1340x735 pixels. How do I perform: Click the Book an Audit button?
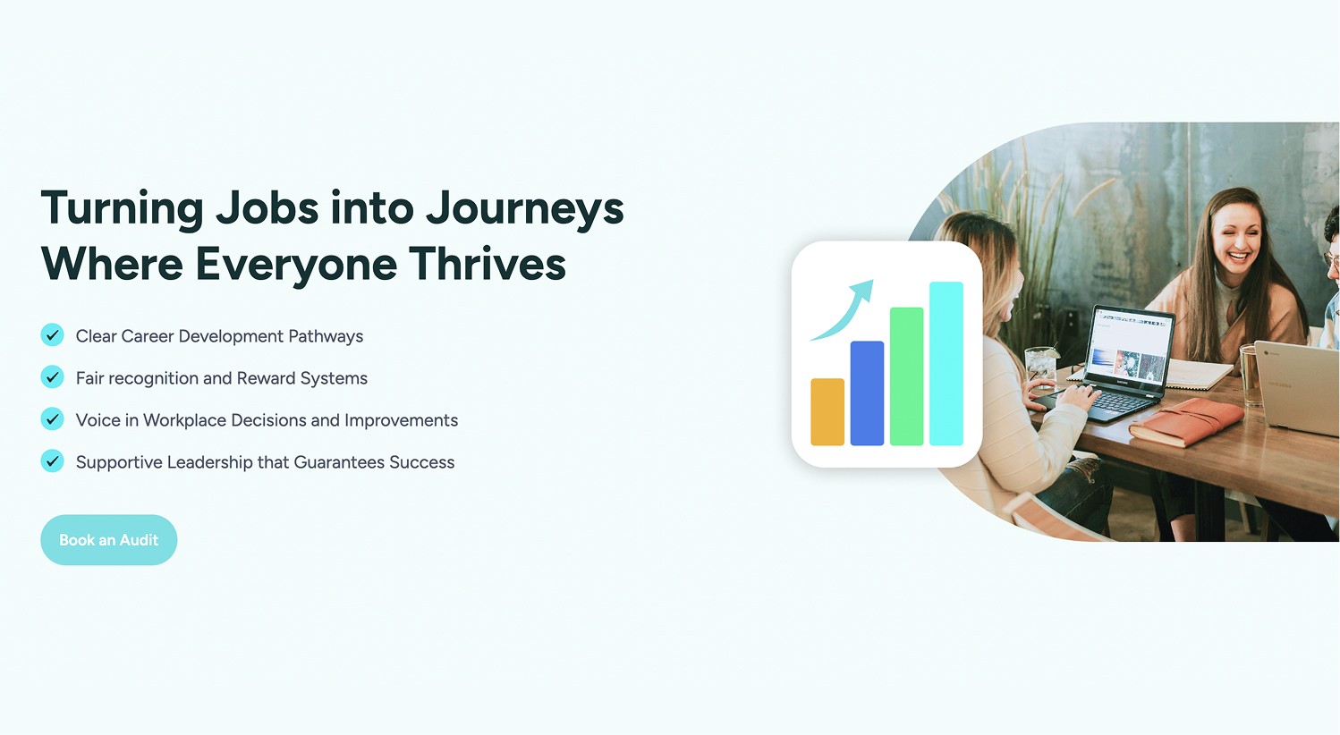(109, 540)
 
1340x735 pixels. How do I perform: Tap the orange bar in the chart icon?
(827, 412)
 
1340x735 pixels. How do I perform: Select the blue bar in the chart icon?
(867, 393)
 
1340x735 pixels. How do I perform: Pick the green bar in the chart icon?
(907, 376)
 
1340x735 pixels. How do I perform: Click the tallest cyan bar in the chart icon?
(946, 364)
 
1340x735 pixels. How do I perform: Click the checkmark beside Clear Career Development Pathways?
(52, 335)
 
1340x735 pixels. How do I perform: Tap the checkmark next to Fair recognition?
(52, 377)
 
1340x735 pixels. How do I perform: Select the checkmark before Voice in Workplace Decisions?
(52, 419)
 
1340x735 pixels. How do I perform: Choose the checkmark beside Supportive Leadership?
(52, 461)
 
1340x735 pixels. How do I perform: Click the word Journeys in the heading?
(524, 209)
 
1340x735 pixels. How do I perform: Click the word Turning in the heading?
(122, 209)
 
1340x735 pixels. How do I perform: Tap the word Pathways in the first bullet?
(326, 336)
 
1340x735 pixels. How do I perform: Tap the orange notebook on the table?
(1185, 422)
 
